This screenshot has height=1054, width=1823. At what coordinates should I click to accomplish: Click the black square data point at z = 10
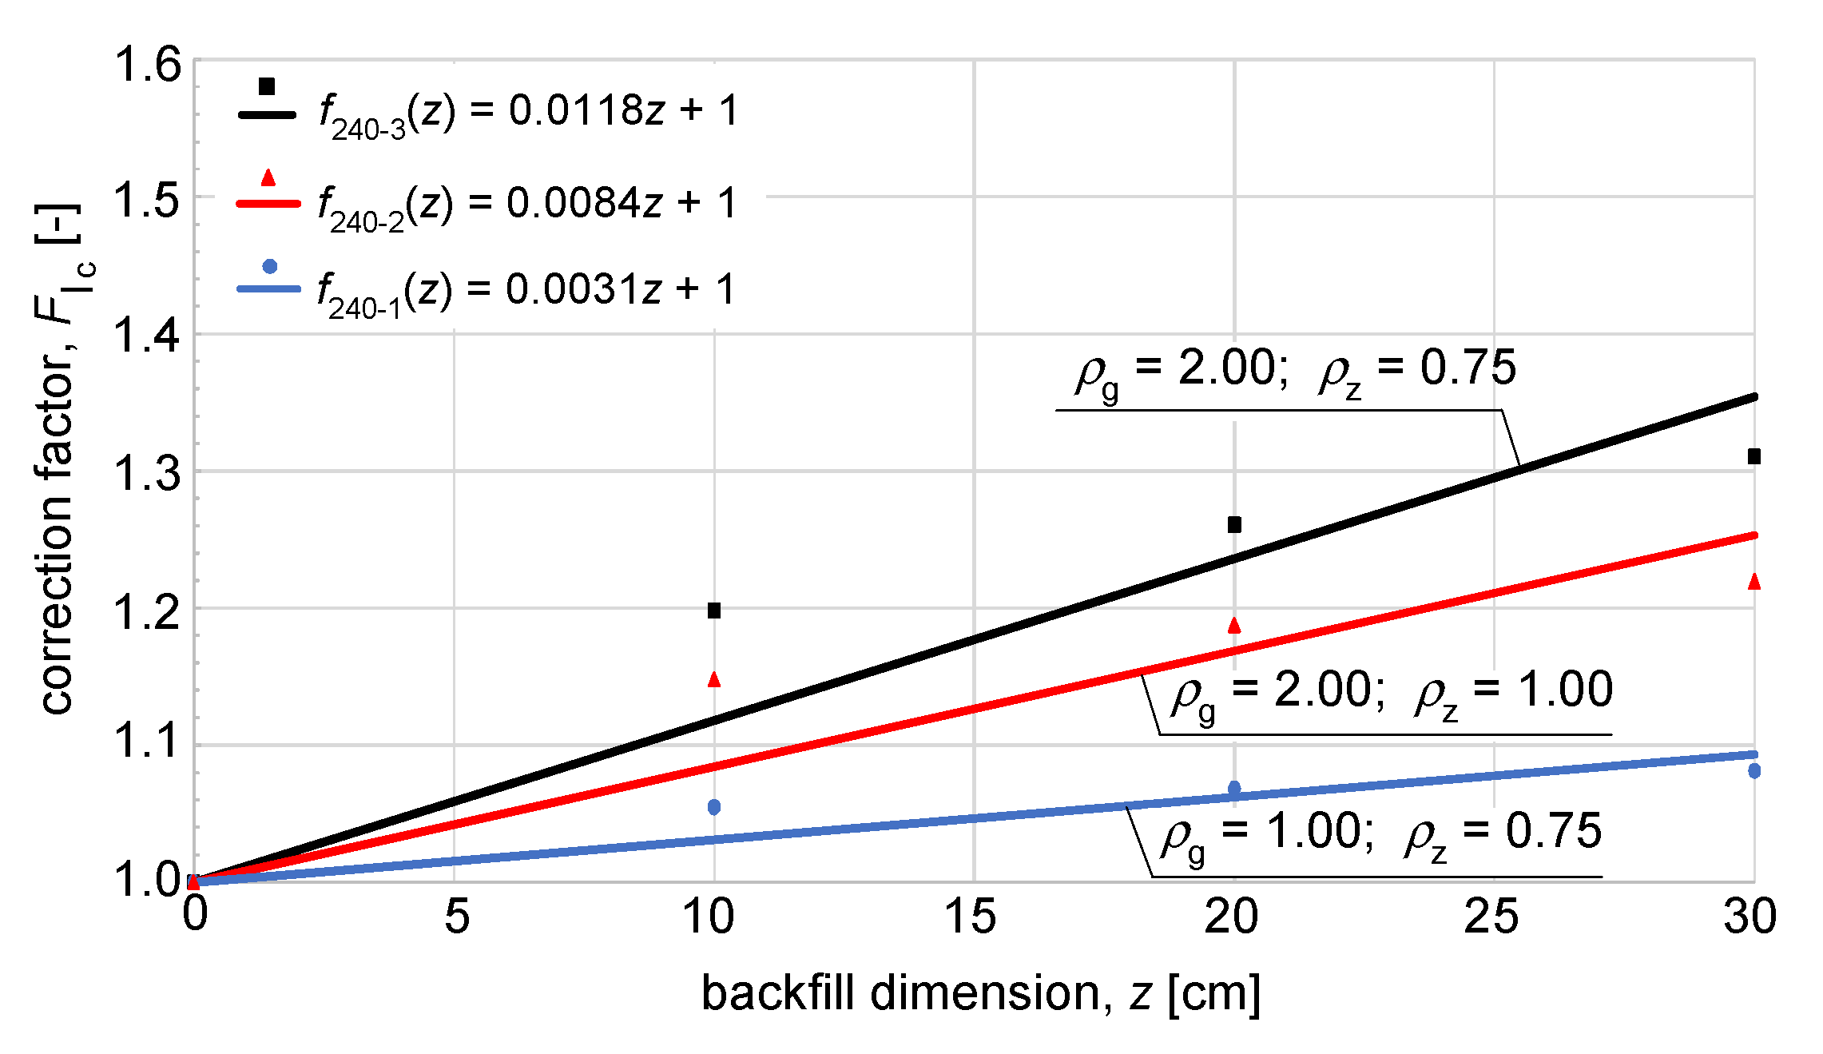tap(714, 611)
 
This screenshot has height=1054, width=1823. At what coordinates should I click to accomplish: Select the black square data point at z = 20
tap(1234, 525)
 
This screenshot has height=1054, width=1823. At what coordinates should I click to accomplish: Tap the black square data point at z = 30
tap(1754, 456)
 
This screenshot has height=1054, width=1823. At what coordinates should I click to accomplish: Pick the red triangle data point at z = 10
tap(714, 679)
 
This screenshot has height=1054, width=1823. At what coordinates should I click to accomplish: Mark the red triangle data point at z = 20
tap(1234, 626)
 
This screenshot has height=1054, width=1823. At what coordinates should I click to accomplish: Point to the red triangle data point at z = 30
tap(1754, 582)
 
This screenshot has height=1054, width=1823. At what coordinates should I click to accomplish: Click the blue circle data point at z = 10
tap(714, 807)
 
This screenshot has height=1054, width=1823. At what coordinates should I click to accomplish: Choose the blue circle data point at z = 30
tap(1754, 771)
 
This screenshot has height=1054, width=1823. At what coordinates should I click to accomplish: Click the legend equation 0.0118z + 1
tap(528, 112)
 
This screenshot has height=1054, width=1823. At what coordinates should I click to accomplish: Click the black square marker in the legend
tap(267, 86)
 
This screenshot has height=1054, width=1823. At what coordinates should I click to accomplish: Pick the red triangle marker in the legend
tap(268, 177)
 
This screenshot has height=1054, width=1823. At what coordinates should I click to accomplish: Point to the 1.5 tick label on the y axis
tap(148, 200)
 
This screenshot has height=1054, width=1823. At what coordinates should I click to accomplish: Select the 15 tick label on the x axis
tap(971, 917)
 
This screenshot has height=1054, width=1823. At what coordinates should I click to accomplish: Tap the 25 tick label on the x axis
tap(1491, 917)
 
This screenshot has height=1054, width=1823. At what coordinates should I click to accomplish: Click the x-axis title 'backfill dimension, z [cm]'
tap(980, 993)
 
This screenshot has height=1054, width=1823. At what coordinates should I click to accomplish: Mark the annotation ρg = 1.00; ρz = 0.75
tap(1381, 833)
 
